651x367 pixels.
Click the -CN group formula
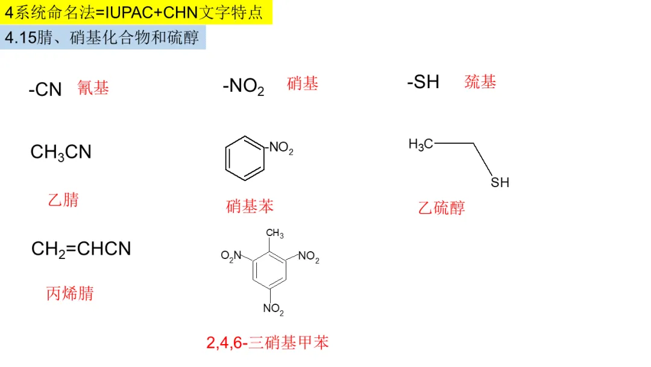click(x=45, y=90)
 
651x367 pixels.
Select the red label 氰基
click(x=93, y=88)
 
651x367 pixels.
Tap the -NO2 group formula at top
click(x=244, y=87)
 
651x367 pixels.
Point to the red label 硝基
click(x=303, y=84)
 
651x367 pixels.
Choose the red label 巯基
click(x=480, y=82)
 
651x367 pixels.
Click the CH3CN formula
click(x=61, y=153)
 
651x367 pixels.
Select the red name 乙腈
click(x=63, y=200)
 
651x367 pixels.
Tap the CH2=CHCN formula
click(x=81, y=249)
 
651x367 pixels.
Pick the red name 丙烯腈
click(x=71, y=294)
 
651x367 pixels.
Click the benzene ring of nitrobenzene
click(x=245, y=158)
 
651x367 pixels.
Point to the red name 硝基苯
click(x=250, y=206)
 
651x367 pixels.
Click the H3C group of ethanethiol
click(x=421, y=144)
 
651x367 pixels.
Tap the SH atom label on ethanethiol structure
click(x=500, y=182)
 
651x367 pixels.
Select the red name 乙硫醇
click(x=442, y=208)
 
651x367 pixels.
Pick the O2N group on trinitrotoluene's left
click(x=231, y=256)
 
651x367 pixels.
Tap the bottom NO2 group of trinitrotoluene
click(x=273, y=310)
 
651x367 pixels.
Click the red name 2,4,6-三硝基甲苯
click(x=268, y=343)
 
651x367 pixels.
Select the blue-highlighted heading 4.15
click(x=103, y=37)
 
